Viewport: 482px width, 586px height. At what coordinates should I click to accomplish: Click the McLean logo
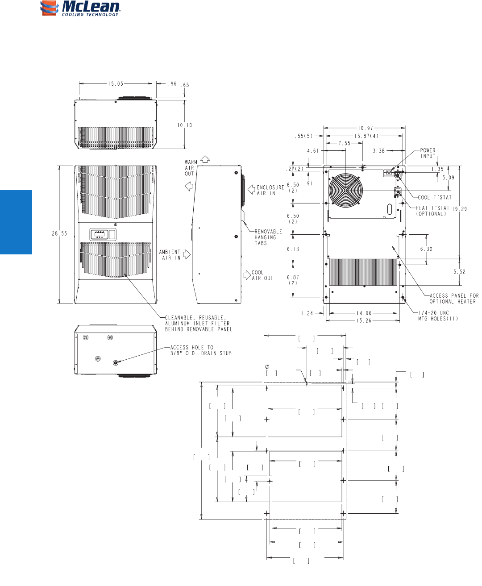click(80, 8)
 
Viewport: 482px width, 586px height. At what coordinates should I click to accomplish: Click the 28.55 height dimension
click(59, 234)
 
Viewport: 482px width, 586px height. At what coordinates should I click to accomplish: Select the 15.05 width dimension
click(116, 83)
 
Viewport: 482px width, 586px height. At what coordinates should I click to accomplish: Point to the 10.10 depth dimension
click(185, 125)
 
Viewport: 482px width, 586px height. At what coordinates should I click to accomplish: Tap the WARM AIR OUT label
click(191, 168)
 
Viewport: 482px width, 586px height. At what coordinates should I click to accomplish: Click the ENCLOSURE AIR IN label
click(270, 190)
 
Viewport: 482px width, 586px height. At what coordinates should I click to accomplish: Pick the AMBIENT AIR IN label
click(170, 255)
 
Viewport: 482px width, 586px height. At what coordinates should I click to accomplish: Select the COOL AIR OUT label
click(262, 275)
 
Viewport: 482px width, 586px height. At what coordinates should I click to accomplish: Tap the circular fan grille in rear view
click(345, 190)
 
